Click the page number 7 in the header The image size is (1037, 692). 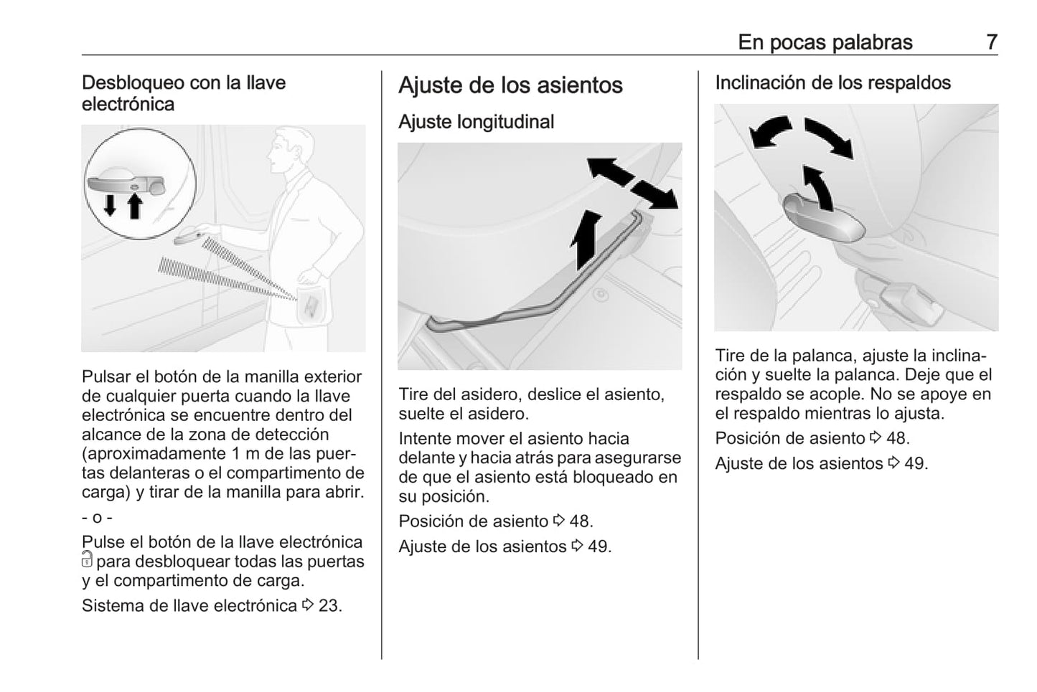point(992,42)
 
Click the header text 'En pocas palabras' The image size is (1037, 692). point(825,42)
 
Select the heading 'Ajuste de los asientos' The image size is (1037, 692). point(510,85)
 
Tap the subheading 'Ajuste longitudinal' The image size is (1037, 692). point(476,122)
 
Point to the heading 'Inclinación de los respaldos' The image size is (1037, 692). point(833,82)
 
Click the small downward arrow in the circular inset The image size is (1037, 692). point(110,205)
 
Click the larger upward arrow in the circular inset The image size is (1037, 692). point(135,206)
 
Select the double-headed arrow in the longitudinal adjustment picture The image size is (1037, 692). point(632,184)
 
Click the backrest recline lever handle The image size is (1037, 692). point(823,218)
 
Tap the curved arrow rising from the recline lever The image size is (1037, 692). point(817,187)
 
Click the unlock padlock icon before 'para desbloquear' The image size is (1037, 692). point(87,559)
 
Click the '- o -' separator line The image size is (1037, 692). point(97,518)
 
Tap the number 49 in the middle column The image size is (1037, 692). point(598,546)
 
